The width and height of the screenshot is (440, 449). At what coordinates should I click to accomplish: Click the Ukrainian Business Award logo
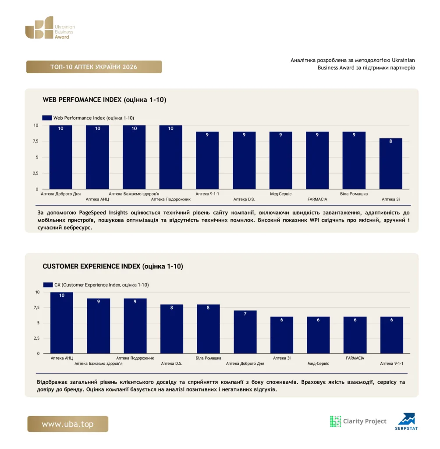coord(50,28)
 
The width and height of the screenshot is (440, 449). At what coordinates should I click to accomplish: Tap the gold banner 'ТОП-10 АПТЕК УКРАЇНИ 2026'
coord(94,67)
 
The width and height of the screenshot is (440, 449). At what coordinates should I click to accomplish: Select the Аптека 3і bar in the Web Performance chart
coord(390,164)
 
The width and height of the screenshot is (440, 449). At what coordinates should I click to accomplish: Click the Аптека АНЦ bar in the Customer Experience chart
coord(61,323)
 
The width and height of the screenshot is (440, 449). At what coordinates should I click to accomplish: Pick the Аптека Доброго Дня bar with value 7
coord(245,332)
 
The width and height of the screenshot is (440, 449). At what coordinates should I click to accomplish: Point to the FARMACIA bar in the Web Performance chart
coord(317,160)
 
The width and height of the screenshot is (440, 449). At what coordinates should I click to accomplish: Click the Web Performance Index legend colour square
coord(47,118)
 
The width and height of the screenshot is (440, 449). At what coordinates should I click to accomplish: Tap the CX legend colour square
coord(48,285)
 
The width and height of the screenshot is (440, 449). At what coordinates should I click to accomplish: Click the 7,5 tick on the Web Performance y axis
coord(35,141)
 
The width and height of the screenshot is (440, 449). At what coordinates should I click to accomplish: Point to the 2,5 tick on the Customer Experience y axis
coord(37,338)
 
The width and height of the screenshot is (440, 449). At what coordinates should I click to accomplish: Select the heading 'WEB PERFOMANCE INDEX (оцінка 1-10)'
coord(104,100)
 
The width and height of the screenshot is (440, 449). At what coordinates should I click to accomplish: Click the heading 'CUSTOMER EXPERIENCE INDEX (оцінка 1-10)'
coord(113,266)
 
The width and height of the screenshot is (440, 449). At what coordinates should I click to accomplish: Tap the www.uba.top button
coord(68,424)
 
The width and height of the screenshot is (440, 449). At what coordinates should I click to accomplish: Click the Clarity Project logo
coord(358,421)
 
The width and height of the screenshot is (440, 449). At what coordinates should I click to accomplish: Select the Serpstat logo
coord(407,421)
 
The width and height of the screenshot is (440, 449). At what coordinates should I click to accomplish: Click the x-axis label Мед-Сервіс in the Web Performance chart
coord(280,194)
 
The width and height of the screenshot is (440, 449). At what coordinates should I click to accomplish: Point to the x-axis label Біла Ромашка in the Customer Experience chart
coord(209,358)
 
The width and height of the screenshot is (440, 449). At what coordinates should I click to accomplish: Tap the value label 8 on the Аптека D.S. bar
coord(171,307)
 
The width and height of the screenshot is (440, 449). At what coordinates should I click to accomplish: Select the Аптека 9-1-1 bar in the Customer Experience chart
coord(392,335)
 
